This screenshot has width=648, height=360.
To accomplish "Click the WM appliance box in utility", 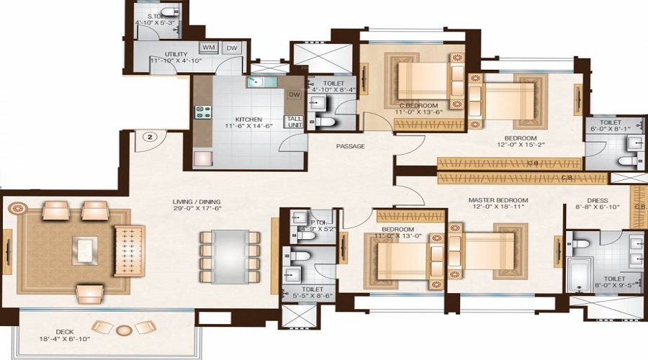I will coord(209,48).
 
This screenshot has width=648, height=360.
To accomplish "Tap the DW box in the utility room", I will coord(231,48).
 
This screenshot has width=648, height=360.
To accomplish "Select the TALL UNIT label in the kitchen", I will coord(294,122).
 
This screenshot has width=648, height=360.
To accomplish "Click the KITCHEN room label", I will coord(248,120).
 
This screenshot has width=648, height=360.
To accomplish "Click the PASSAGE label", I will coord(350,146).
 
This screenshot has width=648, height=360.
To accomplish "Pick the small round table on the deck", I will coord(124,330).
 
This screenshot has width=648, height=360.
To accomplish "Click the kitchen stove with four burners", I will coord(203,113).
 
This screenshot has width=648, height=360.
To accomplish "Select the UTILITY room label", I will coord(176,54).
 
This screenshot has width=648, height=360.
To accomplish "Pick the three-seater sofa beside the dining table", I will coord(130,249).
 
